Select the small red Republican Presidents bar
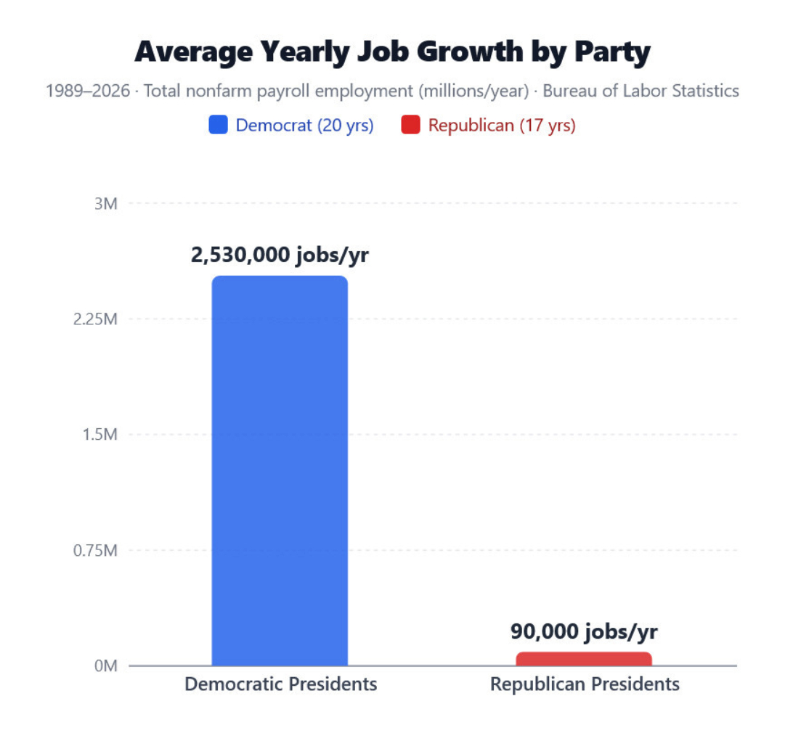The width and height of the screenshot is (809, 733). pyautogui.click(x=584, y=659)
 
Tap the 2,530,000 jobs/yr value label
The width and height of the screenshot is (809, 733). pyautogui.click(x=280, y=256)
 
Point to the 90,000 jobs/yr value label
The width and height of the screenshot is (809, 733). pyautogui.click(x=584, y=631)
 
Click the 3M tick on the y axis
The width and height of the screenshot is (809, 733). pyautogui.click(x=106, y=204)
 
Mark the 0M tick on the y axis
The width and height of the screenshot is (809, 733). pyautogui.click(x=106, y=666)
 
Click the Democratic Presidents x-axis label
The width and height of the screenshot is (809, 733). pyautogui.click(x=280, y=684)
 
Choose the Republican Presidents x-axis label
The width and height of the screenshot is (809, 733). pyautogui.click(x=585, y=684)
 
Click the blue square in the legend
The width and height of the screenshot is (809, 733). pyautogui.click(x=219, y=126)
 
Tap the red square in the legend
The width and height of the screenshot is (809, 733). pyautogui.click(x=411, y=126)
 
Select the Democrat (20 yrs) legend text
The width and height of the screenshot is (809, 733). pyautogui.click(x=304, y=126)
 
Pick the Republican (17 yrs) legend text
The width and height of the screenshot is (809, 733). pyautogui.click(x=502, y=126)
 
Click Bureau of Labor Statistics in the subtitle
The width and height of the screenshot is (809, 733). pyautogui.click(x=641, y=91)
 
